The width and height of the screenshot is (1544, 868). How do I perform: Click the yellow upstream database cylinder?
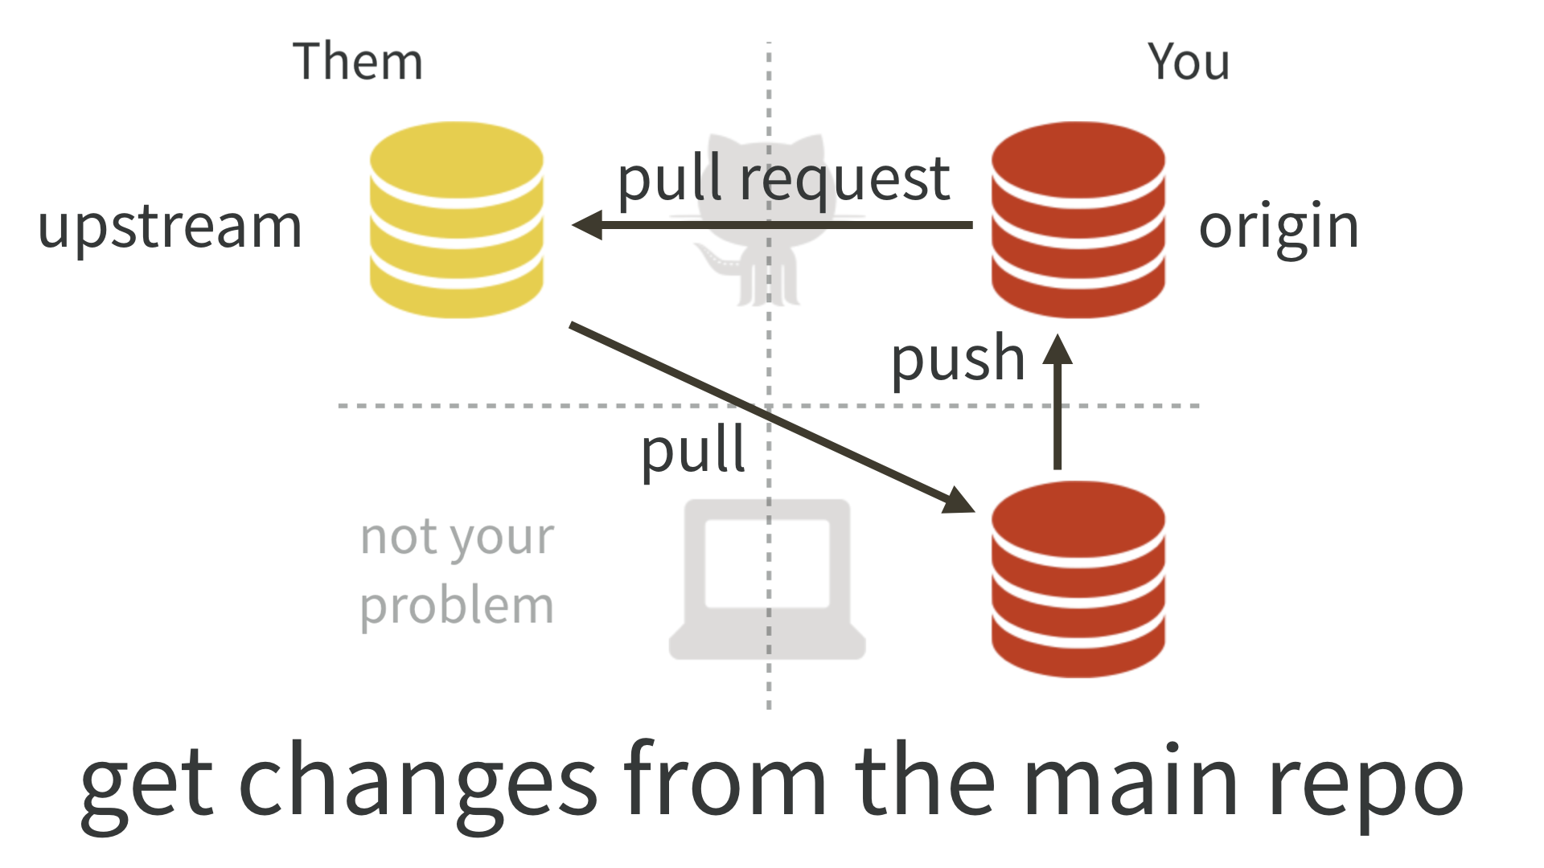456,219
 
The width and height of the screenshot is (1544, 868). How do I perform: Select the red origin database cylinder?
1078,219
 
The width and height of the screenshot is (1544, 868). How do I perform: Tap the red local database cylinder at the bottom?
1078,579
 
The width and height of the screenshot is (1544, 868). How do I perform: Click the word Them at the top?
357,62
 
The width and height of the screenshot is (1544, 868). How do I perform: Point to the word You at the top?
1188,62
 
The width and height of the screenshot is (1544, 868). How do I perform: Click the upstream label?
170,227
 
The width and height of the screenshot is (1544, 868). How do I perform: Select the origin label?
1278,227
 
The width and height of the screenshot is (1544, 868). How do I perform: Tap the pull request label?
783,179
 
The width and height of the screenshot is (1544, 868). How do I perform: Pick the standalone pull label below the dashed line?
693,451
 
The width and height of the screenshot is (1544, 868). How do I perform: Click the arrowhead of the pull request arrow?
587,225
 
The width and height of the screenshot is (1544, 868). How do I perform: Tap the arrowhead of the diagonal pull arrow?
959,502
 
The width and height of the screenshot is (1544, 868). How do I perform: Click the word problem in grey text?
456,607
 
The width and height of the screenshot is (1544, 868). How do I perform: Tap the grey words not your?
456,538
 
